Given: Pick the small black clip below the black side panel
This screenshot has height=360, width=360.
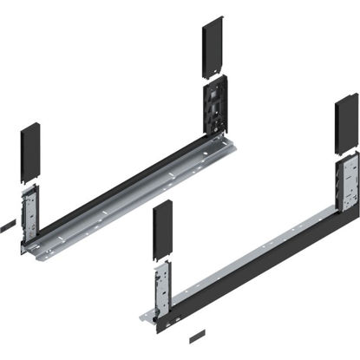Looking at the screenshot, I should point(198,334).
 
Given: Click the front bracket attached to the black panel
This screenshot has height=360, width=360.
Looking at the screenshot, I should point(161,291).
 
